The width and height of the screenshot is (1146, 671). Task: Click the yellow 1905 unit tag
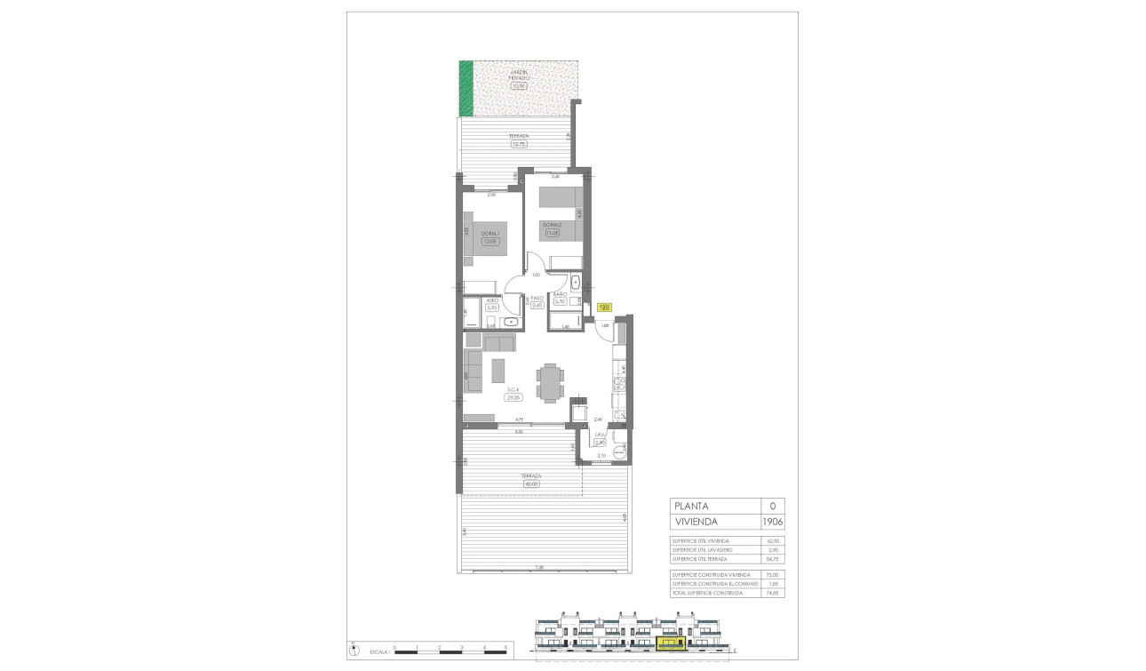point(604,308)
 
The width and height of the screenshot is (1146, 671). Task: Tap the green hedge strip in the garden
point(466,87)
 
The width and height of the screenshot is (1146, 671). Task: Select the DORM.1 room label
point(488,233)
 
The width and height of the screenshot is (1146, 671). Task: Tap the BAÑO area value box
point(560,301)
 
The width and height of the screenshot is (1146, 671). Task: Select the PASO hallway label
point(537,299)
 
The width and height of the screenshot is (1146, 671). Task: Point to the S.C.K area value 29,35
point(513,397)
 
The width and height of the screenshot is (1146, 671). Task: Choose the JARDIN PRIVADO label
point(518,75)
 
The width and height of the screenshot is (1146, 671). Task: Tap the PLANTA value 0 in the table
point(772,505)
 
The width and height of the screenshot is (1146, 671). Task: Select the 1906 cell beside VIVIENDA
point(772,522)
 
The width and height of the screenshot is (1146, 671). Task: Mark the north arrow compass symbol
point(353,645)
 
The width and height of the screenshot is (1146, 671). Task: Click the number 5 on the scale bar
point(505,648)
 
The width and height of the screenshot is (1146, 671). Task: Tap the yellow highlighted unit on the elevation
point(671,641)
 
